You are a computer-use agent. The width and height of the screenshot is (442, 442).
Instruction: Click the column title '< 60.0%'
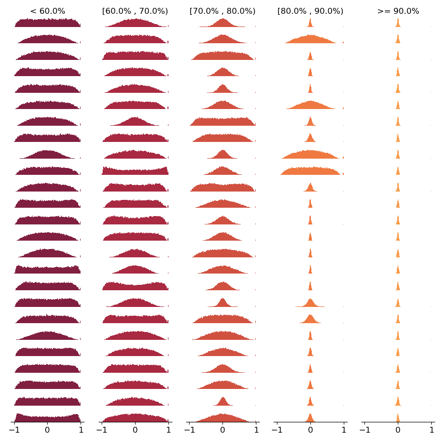[x=48, y=11]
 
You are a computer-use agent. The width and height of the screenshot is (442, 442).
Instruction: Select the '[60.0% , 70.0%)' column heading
[x=135, y=11]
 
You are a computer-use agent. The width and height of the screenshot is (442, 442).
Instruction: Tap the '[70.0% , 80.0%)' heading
[x=222, y=11]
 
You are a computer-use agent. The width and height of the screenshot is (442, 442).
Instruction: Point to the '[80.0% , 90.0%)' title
[x=310, y=11]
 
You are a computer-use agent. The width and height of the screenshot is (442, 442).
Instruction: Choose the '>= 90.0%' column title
[x=398, y=11]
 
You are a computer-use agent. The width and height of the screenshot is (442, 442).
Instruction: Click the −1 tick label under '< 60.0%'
[x=14, y=430]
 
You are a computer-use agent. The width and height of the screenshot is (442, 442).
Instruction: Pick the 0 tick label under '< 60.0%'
[x=48, y=430]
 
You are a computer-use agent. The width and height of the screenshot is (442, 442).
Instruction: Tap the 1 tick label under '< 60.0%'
[x=81, y=430]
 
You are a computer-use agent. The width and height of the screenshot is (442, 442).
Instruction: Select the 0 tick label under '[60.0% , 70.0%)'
[x=135, y=430]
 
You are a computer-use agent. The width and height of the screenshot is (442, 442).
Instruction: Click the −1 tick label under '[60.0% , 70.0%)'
[x=101, y=430]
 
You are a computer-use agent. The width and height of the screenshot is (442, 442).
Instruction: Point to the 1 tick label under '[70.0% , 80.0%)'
[x=256, y=430]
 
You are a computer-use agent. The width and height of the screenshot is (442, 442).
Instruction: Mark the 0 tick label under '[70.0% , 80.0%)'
[x=222, y=430]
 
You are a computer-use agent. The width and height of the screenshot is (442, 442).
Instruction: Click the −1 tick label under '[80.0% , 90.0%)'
[x=276, y=430]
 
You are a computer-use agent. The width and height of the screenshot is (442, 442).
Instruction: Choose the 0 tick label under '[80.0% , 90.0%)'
[x=310, y=430]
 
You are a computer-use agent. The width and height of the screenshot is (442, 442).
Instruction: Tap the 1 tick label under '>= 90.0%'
[x=432, y=430]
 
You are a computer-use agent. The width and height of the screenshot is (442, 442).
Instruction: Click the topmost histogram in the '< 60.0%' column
[x=48, y=23]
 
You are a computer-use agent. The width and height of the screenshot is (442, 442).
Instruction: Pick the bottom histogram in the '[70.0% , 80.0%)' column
[x=222, y=418]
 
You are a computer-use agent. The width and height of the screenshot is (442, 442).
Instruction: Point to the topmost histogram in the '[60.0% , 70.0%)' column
[x=135, y=24]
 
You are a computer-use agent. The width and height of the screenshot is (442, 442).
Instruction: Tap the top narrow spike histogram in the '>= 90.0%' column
[x=398, y=24]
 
